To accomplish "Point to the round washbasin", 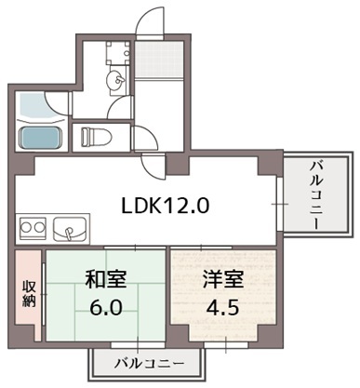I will pyautogui.click(x=113, y=82).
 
